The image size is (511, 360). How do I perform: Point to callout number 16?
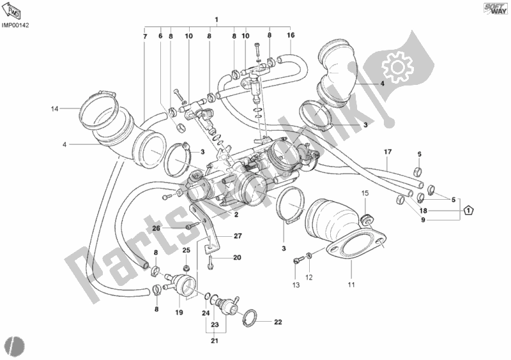pyautogui.click(x=291, y=35)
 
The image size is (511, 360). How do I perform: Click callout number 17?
pyautogui.click(x=387, y=151)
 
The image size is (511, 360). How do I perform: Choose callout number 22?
pyautogui.click(x=277, y=322)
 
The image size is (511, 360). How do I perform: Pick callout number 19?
pyautogui.click(x=179, y=313)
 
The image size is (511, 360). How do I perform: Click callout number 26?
pyautogui.click(x=156, y=228)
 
